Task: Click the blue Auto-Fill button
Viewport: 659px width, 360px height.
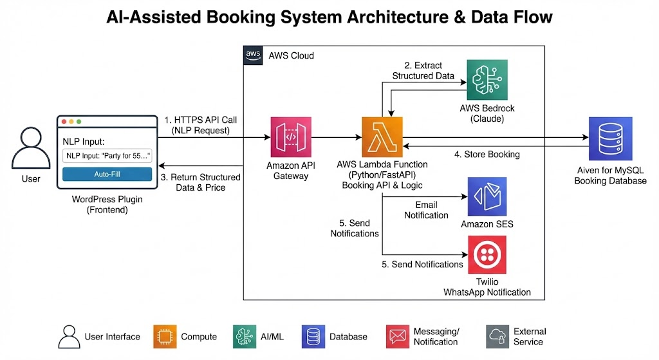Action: coord(107,174)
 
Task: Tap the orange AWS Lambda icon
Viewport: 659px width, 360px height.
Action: coord(382,137)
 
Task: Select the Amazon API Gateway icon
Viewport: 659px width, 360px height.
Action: coord(290,137)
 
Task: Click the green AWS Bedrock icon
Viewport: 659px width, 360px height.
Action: coord(487,80)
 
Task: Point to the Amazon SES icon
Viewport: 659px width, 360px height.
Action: coord(487,197)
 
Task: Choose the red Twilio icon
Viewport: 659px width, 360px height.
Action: coord(487,255)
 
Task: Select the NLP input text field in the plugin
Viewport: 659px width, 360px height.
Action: coord(107,155)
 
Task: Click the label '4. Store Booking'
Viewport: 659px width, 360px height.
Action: coord(487,154)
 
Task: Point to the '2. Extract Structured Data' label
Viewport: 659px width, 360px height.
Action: coord(422,71)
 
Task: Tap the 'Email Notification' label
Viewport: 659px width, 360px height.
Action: coord(426,210)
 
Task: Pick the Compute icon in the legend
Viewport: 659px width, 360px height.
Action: coord(165,336)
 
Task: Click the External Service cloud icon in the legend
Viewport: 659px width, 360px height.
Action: coord(497,336)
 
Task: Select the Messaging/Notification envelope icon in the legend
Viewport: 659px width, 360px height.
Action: coord(398,336)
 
